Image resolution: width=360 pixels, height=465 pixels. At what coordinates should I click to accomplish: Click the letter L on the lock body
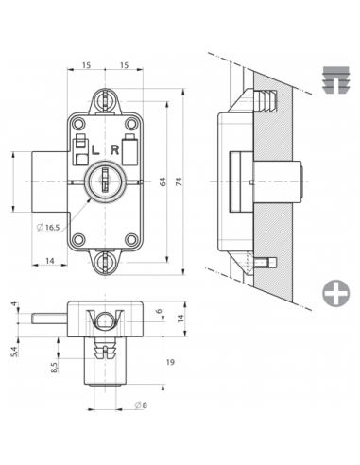[94, 148]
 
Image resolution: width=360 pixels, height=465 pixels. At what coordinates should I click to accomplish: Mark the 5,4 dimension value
[13, 352]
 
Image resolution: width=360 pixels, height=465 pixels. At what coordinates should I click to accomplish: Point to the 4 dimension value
[13, 305]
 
